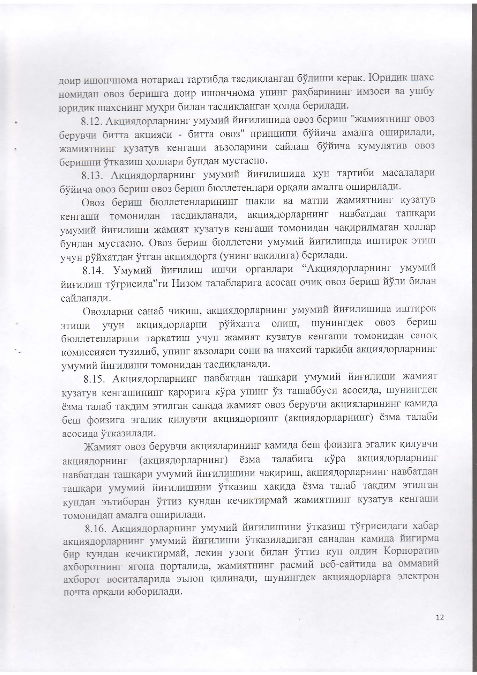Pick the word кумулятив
(380, 146)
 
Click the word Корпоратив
(411, 552)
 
